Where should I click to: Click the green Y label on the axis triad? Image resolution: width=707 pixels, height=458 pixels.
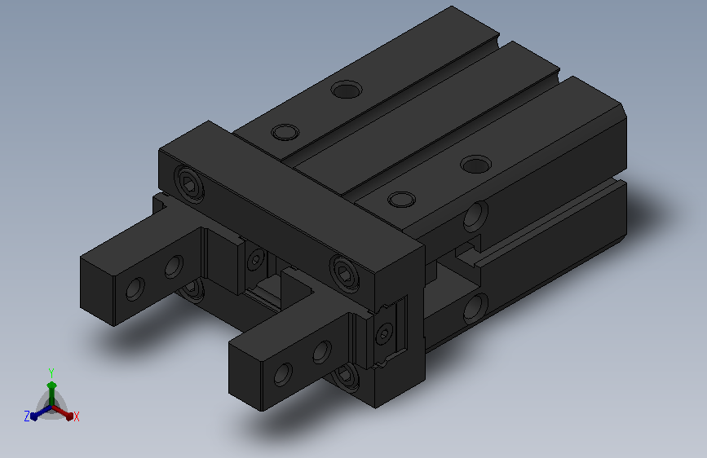pos(51,373)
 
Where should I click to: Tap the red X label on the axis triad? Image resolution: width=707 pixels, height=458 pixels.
pos(76,416)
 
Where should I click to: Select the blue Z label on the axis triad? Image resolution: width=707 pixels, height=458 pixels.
pos(27,416)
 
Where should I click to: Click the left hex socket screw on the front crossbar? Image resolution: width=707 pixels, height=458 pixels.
pos(189,183)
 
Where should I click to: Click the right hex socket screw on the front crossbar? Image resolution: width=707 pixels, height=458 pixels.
pos(344,272)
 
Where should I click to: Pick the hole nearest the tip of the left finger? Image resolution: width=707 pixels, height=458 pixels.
pos(135,288)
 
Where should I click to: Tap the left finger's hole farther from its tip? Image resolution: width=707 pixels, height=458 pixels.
pos(174,266)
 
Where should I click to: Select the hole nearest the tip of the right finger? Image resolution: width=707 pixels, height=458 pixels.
pos(283,375)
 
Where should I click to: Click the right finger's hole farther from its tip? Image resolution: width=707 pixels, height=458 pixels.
pos(322,352)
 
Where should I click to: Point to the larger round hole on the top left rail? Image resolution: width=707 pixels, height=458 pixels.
pos(347,90)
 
